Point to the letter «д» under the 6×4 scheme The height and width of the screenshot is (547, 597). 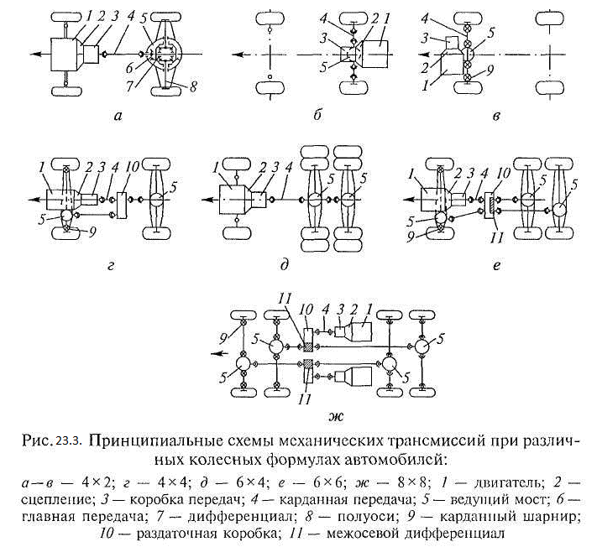click(x=286, y=265)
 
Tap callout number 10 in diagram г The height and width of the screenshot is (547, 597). click(x=131, y=171)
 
